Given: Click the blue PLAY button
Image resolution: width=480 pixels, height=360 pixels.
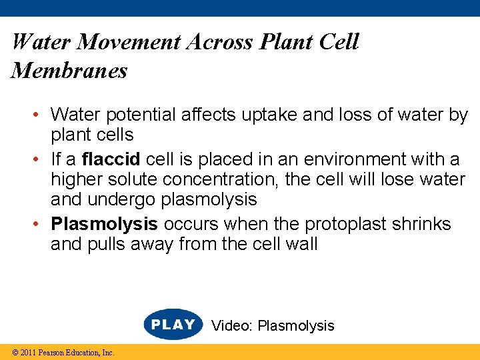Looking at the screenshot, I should point(173,325).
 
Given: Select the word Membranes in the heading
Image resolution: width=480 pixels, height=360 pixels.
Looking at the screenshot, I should point(69,70).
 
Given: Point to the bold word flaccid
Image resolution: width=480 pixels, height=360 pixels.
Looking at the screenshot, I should point(111,160).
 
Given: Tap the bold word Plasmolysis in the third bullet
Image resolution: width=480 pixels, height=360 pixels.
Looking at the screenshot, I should point(105,223).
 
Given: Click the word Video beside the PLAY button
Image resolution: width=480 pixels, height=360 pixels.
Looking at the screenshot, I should point(232,326).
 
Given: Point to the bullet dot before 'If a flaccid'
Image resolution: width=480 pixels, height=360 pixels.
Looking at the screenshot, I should point(41,160).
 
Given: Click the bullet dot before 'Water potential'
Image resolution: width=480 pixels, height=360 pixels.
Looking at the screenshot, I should point(41,115).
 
